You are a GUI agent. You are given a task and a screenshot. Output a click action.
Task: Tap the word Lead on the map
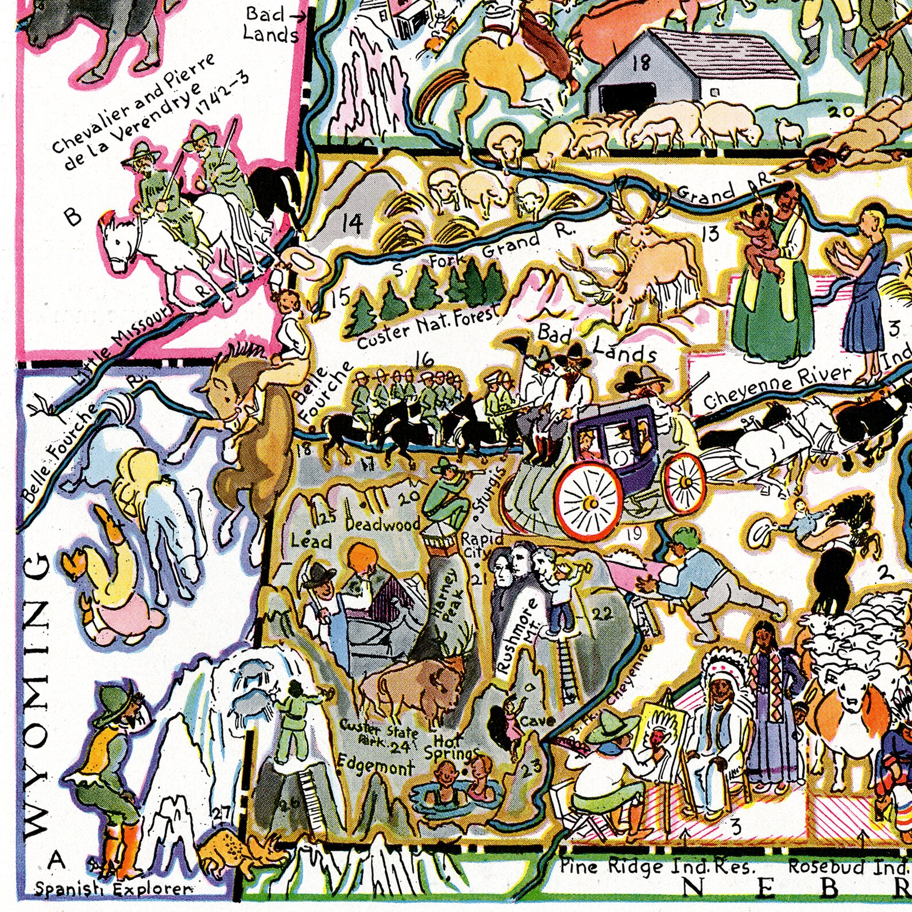pos(311,540)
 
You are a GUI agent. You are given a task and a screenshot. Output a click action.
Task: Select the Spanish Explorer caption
pos(112,890)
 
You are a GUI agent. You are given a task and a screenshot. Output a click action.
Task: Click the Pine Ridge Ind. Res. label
pos(658,867)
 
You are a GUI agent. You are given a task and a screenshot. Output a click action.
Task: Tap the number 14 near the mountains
pos(351,223)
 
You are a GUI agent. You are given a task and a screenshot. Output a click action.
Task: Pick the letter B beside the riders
pos(73,217)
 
